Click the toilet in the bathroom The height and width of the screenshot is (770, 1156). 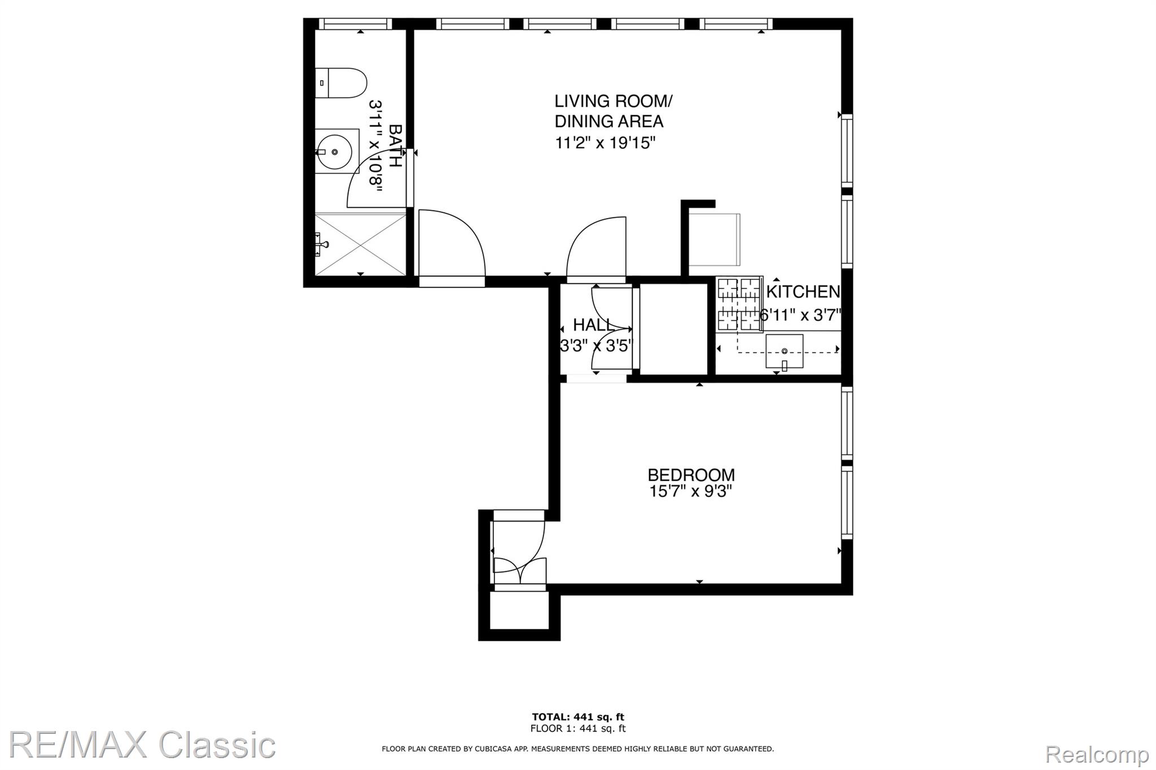point(340,83)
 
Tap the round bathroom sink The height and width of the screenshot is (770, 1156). point(335,151)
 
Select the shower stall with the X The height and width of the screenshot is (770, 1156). point(360,244)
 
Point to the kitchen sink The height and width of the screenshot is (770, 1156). point(784,351)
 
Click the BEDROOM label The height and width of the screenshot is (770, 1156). point(691,475)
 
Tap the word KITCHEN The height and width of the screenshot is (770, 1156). point(803,291)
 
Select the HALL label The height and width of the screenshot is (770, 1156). point(593,325)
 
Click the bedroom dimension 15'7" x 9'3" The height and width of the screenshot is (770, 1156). point(690,492)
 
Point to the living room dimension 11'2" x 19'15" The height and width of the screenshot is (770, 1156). point(605,142)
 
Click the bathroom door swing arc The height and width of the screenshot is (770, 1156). point(367,173)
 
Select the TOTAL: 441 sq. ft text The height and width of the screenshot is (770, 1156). point(578,718)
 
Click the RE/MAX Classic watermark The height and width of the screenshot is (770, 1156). point(142,745)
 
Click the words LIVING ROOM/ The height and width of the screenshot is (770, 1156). point(614,102)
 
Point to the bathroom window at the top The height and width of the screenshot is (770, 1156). point(355,24)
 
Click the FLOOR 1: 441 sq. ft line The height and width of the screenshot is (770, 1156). point(578,729)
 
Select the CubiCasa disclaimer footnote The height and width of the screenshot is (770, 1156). point(578,749)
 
